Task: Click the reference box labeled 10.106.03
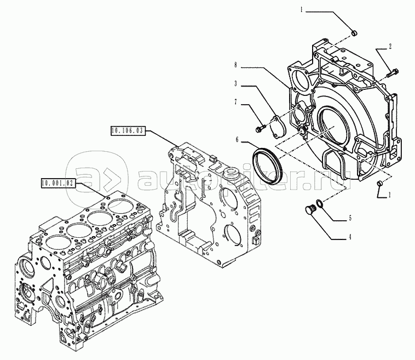point(129,131)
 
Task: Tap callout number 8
point(235,65)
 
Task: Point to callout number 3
point(235,84)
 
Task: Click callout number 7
point(235,102)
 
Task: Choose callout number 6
point(237,140)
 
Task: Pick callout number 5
point(350,218)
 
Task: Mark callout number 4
point(350,237)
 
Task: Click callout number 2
point(390,47)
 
